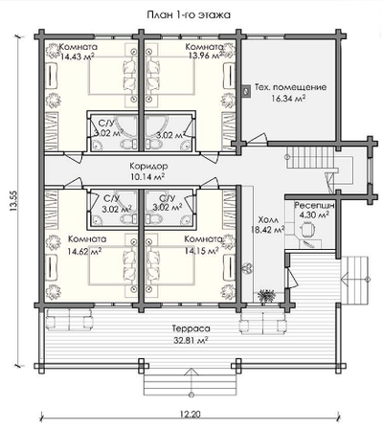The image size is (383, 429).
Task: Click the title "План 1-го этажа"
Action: coord(189,15)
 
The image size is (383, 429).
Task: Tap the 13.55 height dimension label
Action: coord(13,201)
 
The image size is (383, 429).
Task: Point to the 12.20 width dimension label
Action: coord(191,415)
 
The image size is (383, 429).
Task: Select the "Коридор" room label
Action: coord(148,166)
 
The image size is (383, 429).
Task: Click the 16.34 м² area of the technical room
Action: coord(288,98)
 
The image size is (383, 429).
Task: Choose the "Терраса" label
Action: coord(191,328)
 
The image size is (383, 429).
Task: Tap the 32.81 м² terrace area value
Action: coord(191,340)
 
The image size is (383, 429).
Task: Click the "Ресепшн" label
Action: coord(314,205)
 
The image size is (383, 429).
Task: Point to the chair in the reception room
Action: coord(307,229)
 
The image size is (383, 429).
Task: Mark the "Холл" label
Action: coord(268,220)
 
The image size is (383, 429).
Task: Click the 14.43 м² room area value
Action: coord(78,57)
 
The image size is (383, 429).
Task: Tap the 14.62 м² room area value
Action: coord(84,251)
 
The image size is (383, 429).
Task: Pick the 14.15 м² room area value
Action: coord(202,251)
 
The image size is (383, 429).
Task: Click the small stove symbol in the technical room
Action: coord(246,91)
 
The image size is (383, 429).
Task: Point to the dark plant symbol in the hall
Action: coord(267,296)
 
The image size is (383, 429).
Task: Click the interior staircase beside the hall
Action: coord(310,158)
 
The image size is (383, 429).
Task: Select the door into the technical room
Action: coord(257,139)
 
